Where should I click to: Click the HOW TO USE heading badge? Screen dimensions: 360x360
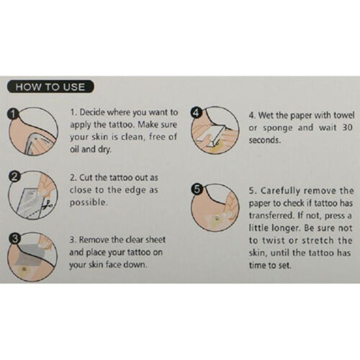pyautogui.click(x=50, y=87)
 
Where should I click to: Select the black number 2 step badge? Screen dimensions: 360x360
pyautogui.click(x=14, y=177)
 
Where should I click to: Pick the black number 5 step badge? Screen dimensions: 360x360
pyautogui.click(x=197, y=189)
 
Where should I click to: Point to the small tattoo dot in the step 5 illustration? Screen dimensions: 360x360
pyautogui.click(x=216, y=217)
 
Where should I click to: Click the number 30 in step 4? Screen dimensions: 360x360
pyautogui.click(x=347, y=127)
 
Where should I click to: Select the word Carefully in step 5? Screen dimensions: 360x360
pyautogui.click(x=280, y=191)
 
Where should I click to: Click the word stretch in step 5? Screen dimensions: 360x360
pyautogui.click(x=318, y=240)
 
